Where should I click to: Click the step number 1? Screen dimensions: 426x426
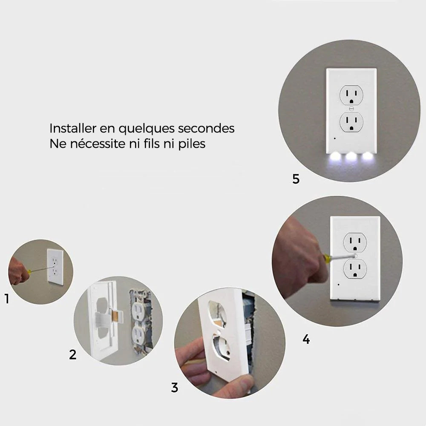click(7, 299)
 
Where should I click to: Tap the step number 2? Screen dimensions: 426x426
click(72, 354)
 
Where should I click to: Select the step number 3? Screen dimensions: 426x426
click(175, 387)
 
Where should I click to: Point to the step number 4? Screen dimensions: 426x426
click(306, 340)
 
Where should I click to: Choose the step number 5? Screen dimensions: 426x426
click(296, 179)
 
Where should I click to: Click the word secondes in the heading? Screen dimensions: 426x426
click(206, 128)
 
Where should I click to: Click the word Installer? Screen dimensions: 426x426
click(72, 128)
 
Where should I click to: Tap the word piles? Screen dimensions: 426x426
click(192, 144)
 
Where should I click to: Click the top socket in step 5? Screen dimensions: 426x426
click(351, 95)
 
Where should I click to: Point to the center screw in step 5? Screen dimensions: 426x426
click(351, 108)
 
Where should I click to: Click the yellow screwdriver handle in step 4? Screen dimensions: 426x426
click(326, 259)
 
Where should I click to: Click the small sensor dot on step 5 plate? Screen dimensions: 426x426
click(335, 138)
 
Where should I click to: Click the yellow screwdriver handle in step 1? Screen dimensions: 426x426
click(29, 271)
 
